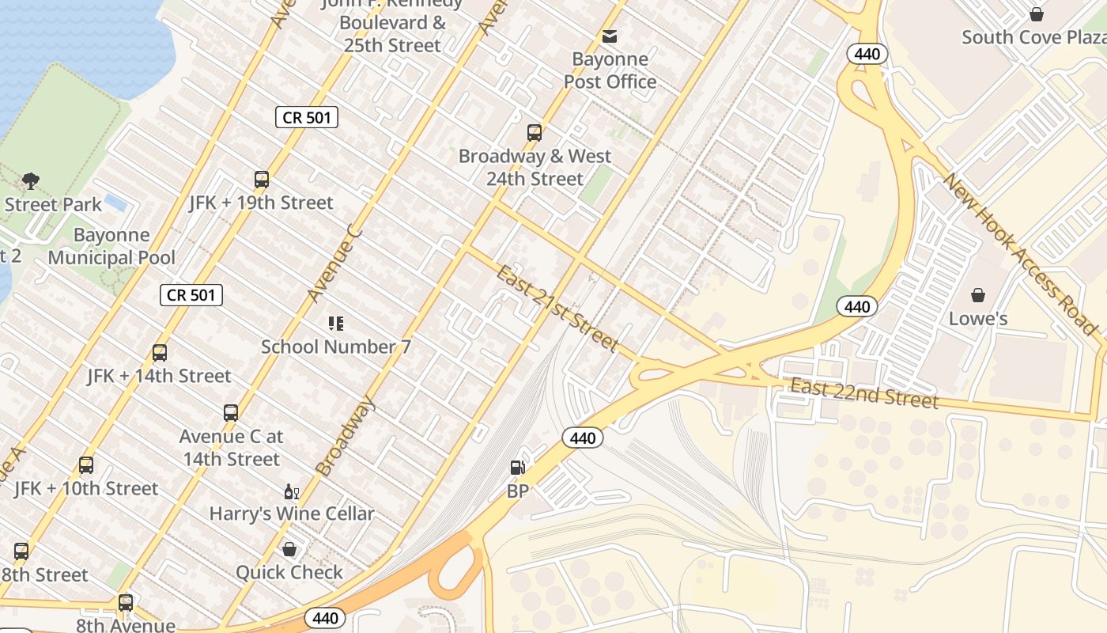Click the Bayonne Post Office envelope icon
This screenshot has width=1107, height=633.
(609, 36)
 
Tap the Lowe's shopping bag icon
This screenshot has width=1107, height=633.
(978, 295)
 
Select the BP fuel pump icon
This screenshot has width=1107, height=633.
(517, 468)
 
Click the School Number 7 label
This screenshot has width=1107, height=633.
(335, 347)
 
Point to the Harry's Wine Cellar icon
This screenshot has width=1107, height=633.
(291, 491)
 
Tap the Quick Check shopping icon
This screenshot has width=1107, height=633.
(289, 549)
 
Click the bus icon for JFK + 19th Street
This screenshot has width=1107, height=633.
(262, 180)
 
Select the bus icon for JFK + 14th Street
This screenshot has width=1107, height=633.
(160, 353)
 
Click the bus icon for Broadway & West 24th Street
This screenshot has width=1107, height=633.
(535, 133)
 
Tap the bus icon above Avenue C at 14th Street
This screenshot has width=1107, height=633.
(230, 413)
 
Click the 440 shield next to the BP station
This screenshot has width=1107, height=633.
(583, 438)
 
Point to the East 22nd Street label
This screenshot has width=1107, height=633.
(863, 393)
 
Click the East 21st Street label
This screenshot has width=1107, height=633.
(557, 308)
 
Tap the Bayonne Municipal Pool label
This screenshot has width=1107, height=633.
(111, 246)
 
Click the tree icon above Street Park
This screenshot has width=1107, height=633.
(31, 181)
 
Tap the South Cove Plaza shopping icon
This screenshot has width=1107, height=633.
(1036, 14)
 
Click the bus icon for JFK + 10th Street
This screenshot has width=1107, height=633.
(86, 465)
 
